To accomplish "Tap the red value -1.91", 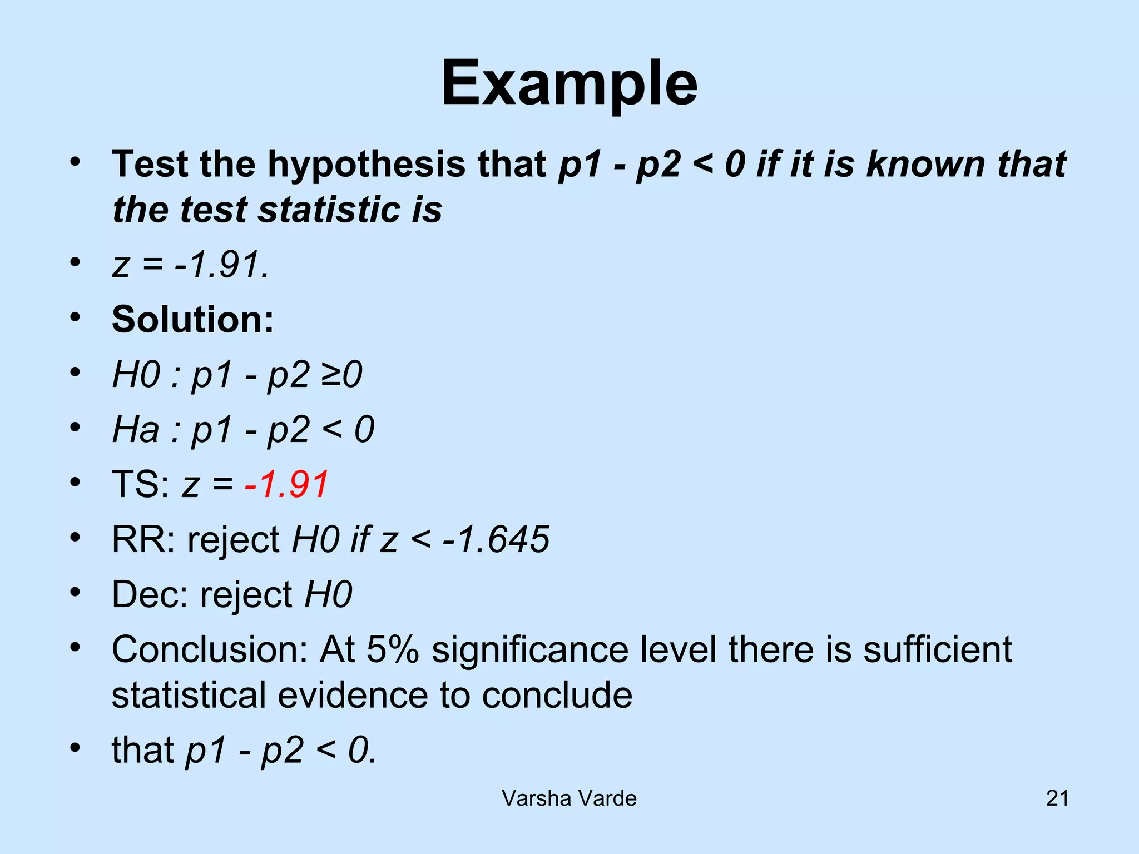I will click(x=287, y=484).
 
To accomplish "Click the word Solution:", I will click(x=193, y=320).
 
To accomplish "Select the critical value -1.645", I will click(x=496, y=539).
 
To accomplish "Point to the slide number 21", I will click(x=1057, y=798).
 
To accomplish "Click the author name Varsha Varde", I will click(x=569, y=798).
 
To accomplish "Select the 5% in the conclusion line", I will click(x=393, y=649).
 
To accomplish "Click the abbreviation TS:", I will click(x=141, y=484).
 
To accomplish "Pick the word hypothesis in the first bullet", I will click(x=367, y=165).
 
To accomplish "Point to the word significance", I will click(x=529, y=649).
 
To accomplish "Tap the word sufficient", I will click(x=937, y=649).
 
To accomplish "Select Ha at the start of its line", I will click(x=136, y=430).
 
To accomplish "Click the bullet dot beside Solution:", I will click(x=76, y=317).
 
